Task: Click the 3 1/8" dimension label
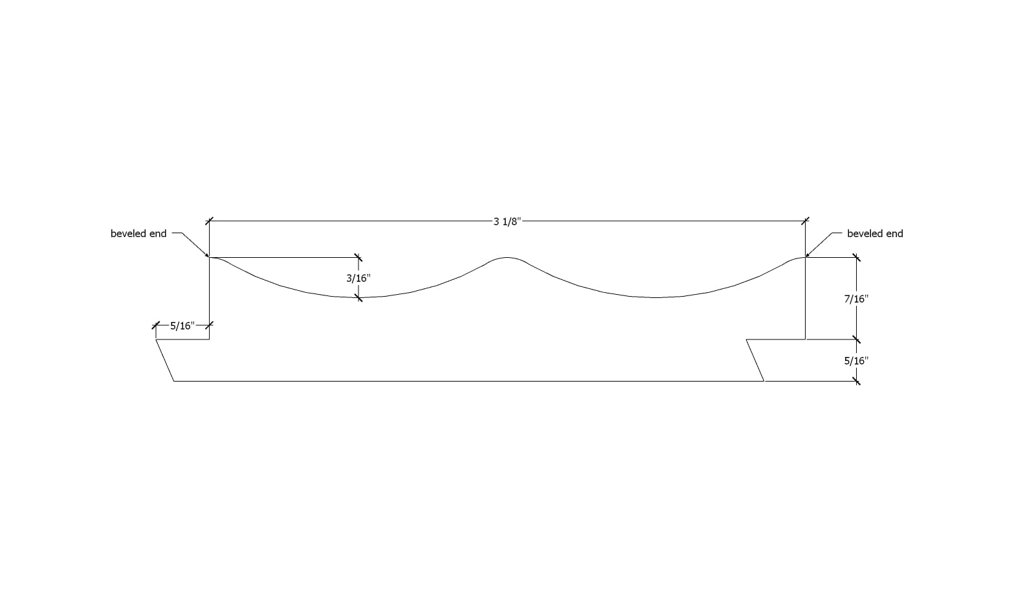507,222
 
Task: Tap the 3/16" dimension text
358,278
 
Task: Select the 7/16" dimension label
856,299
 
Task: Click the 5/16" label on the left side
182,326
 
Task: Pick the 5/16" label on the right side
856,361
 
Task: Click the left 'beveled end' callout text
138,234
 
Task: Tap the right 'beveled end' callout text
875,234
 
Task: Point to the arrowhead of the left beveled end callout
207,256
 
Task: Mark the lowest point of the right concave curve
656,297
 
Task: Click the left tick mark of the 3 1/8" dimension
209,222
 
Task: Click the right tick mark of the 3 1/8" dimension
805,222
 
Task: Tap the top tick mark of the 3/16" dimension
358,257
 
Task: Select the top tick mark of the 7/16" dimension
857,258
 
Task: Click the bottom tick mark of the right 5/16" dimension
857,381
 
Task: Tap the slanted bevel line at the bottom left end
165,360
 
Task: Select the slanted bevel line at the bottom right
755,360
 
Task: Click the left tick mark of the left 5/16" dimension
156,325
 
